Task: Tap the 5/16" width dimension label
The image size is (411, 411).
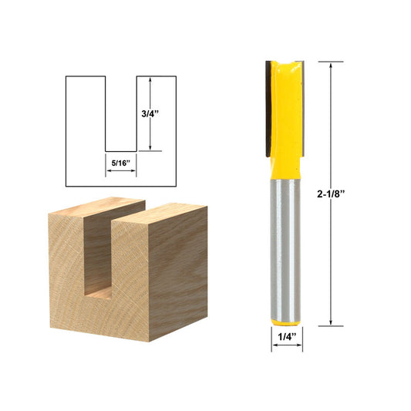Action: coord(121,163)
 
